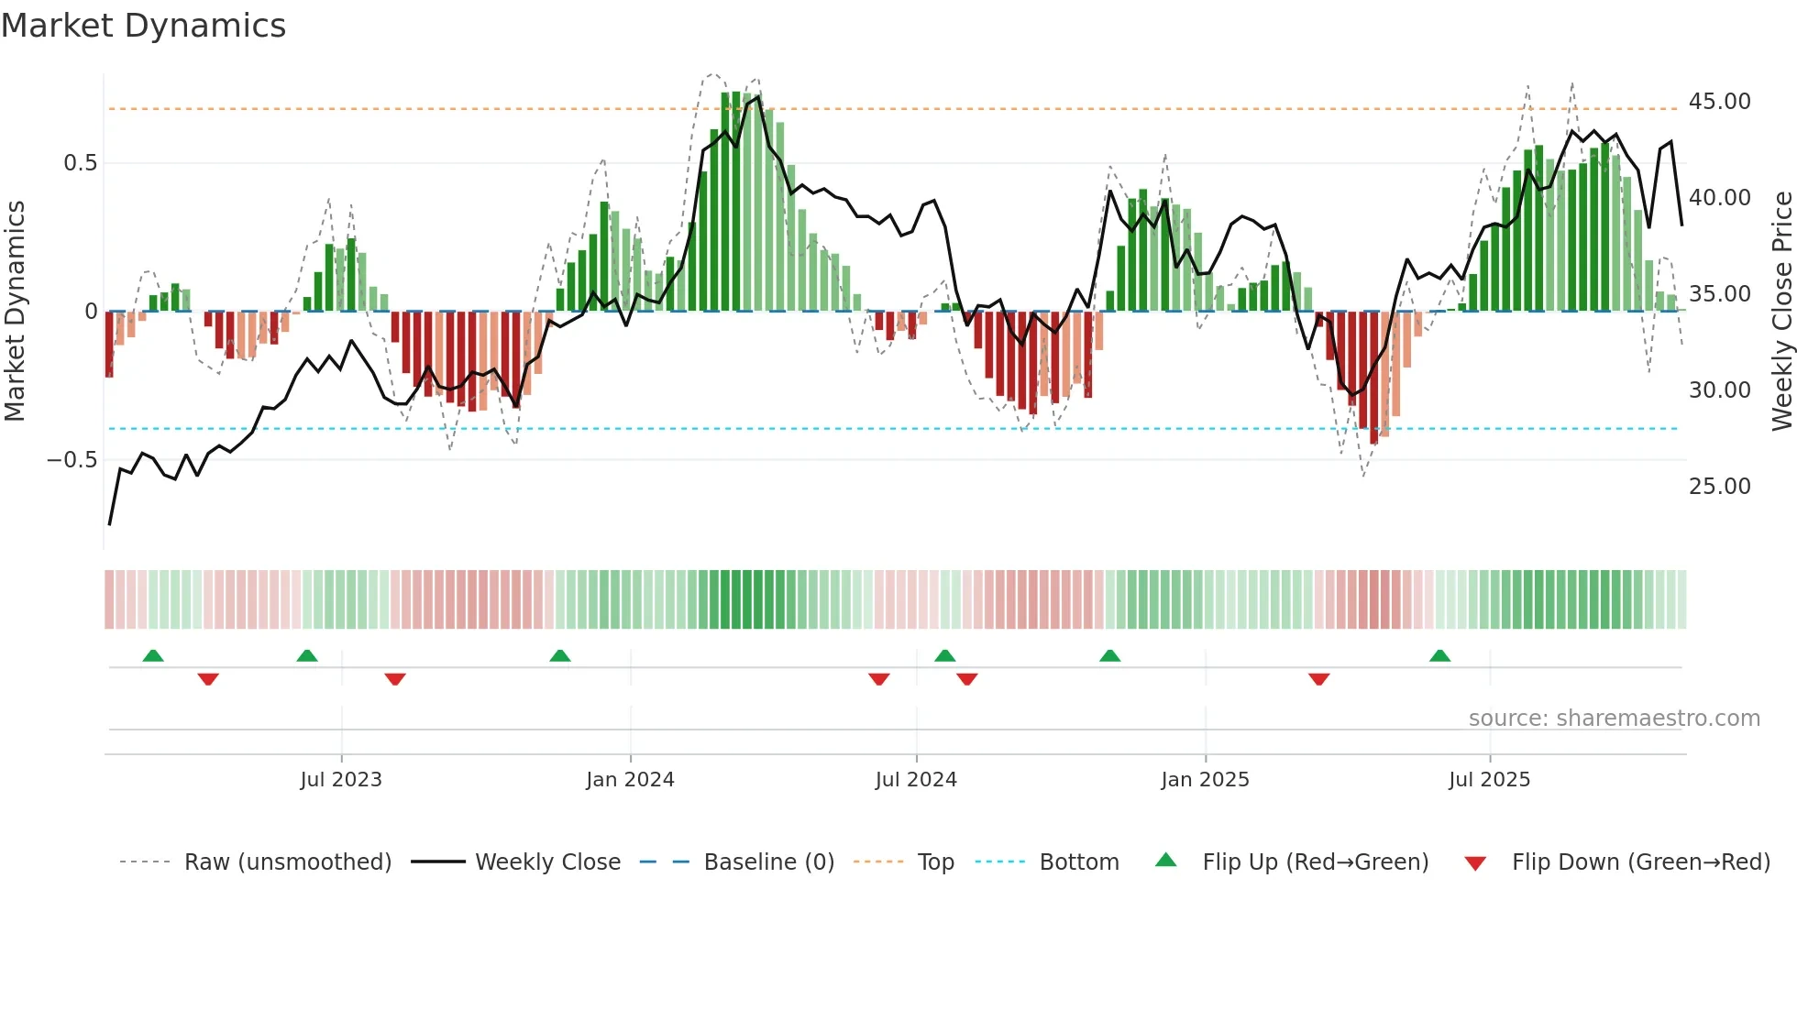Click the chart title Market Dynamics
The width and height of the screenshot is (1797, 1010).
pos(143,26)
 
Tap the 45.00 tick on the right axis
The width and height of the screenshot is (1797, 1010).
pos(1719,102)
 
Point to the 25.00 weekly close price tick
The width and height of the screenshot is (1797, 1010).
pos(1719,487)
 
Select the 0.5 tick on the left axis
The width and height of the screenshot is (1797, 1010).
pos(80,163)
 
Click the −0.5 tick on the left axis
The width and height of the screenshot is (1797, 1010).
pos(72,460)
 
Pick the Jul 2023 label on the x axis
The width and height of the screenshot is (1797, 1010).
pos(341,780)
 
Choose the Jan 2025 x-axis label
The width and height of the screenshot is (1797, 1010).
pos(1205,780)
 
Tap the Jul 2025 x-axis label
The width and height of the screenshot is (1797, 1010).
pos(1489,780)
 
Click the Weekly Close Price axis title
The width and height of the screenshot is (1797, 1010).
pos(1781,312)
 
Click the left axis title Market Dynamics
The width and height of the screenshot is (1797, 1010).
pos(15,312)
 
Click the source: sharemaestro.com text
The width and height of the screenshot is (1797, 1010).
pos(1614,719)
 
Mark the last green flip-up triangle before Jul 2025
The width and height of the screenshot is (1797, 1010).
pos(1439,656)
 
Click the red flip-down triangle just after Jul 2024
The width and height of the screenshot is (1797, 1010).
pos(966,679)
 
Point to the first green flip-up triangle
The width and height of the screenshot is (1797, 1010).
pos(153,656)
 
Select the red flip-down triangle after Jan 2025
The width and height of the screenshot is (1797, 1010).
pos(1318,679)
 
